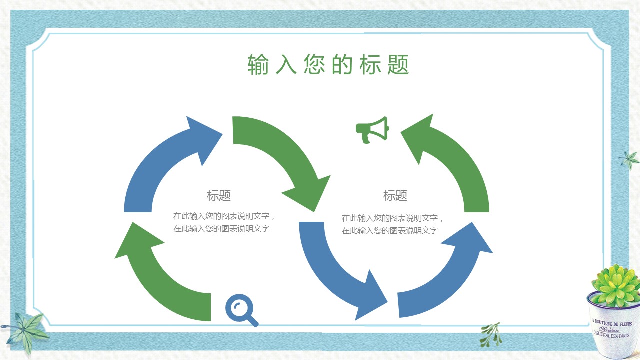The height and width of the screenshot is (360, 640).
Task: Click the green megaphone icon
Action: (372, 130)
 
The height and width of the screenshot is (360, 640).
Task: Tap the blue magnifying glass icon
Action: (241, 310)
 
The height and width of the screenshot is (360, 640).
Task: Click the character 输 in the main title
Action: (258, 65)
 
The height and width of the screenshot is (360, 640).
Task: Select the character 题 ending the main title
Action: (398, 65)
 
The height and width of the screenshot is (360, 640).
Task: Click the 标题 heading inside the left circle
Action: (219, 195)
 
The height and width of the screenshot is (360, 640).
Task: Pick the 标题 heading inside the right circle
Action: (395, 195)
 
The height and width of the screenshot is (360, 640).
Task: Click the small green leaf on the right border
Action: (628, 160)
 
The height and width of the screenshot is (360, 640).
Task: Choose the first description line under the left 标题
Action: (224, 216)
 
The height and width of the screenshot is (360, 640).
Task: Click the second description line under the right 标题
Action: (389, 230)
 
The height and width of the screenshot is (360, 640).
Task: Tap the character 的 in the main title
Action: (342, 65)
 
